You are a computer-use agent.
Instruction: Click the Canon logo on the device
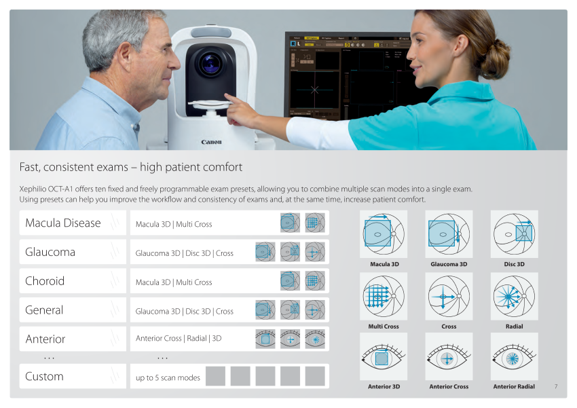coord(211,142)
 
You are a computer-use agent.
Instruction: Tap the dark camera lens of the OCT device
coord(210,63)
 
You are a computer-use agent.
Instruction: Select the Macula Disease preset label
coord(63,223)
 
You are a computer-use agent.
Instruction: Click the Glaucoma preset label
coord(50,252)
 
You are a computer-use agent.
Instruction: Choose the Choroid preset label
coord(45,281)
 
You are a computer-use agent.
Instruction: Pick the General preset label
coord(44,310)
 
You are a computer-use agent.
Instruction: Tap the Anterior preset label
coord(45,339)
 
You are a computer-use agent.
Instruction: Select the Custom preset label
coord(44,376)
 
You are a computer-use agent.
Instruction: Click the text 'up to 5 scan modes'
coord(168,378)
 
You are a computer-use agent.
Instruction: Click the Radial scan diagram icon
coord(514,296)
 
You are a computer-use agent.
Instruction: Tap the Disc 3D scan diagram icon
coord(514,234)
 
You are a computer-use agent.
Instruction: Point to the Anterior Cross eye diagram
coord(449,356)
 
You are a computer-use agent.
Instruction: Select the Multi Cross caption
coord(384,327)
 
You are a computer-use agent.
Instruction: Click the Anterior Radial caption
coord(514,387)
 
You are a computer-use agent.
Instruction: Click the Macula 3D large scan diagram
coord(384,234)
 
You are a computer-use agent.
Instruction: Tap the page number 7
coord(556,386)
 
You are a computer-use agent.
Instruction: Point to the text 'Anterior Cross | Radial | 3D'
coord(179,339)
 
